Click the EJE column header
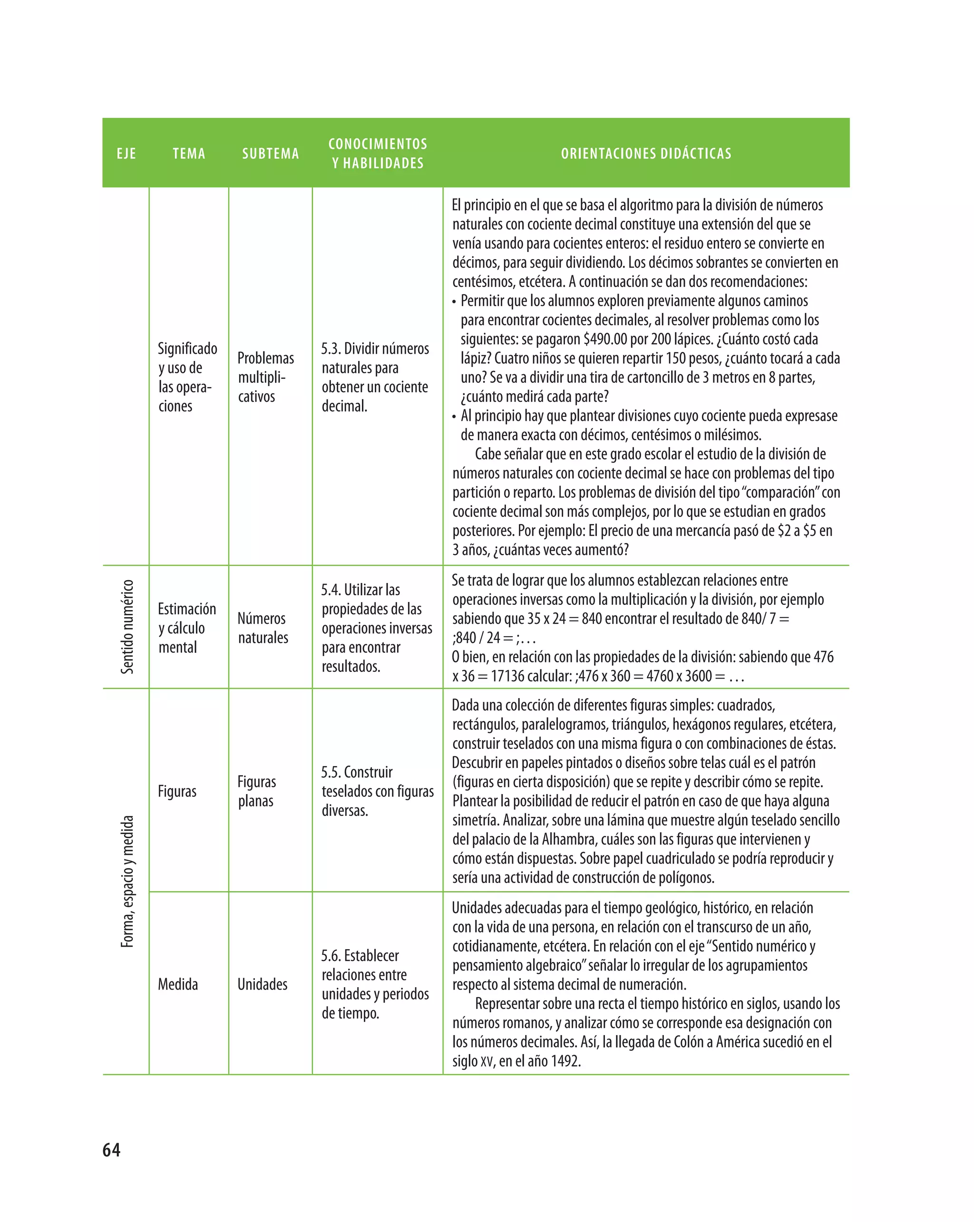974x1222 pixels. (126, 154)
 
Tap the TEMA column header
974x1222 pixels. (189, 154)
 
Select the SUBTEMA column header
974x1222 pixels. (271, 154)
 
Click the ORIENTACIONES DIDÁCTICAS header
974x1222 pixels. (646, 154)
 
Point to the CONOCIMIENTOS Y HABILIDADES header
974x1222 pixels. (378, 154)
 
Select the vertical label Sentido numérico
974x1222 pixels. (127, 626)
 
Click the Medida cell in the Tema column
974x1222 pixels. (178, 984)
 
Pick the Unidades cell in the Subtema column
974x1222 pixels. (262, 984)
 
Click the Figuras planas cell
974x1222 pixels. (256, 791)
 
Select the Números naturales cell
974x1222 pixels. (263, 628)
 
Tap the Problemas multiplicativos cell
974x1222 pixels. (265, 377)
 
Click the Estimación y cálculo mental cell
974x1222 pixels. (186, 628)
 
